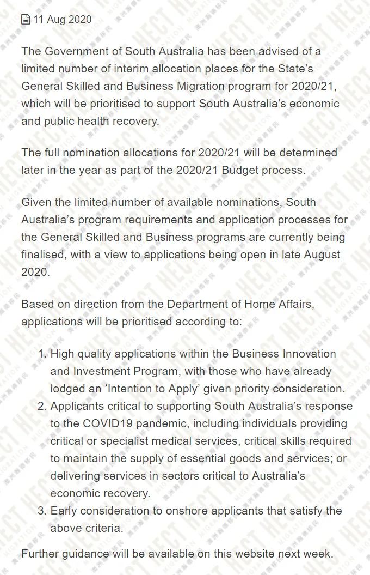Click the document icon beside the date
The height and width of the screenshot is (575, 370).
pyautogui.click(x=26, y=20)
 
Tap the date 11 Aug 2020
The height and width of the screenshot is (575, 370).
pyautogui.click(x=63, y=20)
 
